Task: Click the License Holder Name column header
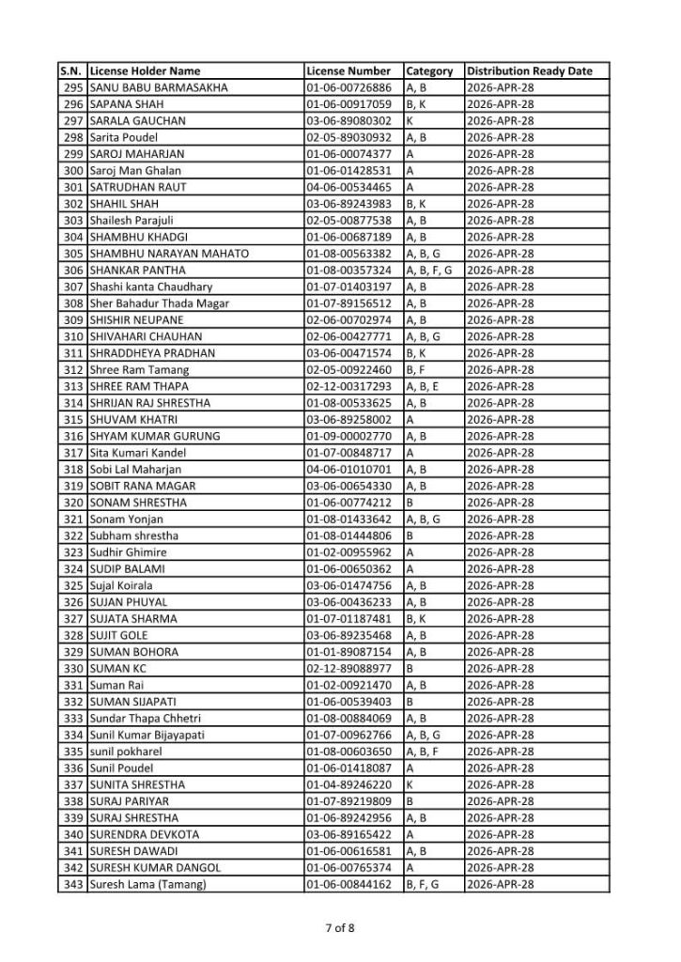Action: tap(145, 70)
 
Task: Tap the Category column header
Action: tap(429, 70)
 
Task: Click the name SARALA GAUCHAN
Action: tap(137, 120)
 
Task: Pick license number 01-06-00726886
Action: tap(348, 87)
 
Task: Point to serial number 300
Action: tap(72, 170)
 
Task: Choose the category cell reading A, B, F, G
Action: tap(429, 270)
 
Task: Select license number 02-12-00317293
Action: tap(348, 386)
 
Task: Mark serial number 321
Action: tap(72, 519)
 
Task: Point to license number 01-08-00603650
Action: tap(348, 752)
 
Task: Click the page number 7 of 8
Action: tap(340, 929)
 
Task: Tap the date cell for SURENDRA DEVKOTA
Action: tap(500, 834)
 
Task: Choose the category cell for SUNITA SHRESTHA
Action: tap(410, 784)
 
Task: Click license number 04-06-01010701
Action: tap(348, 469)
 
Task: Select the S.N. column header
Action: tap(72, 70)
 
